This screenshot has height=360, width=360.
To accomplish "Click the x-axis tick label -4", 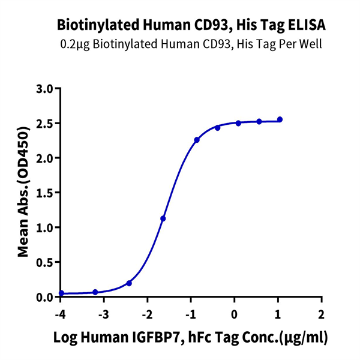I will (x=60, y=314).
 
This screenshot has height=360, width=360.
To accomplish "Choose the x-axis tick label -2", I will (x=146, y=314).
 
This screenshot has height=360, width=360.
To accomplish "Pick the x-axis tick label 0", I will (x=235, y=314).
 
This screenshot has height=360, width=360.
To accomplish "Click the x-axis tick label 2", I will (x=322, y=314).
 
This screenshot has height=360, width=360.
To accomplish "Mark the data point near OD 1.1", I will (x=163, y=218).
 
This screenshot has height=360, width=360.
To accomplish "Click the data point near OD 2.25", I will (x=197, y=140).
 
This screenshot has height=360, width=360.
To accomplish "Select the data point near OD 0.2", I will (x=129, y=283).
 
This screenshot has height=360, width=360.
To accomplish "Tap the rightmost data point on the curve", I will (x=280, y=119).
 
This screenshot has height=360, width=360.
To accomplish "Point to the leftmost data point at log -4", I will (x=61, y=293).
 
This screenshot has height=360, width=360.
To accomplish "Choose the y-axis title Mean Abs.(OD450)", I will (x=23, y=192).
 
